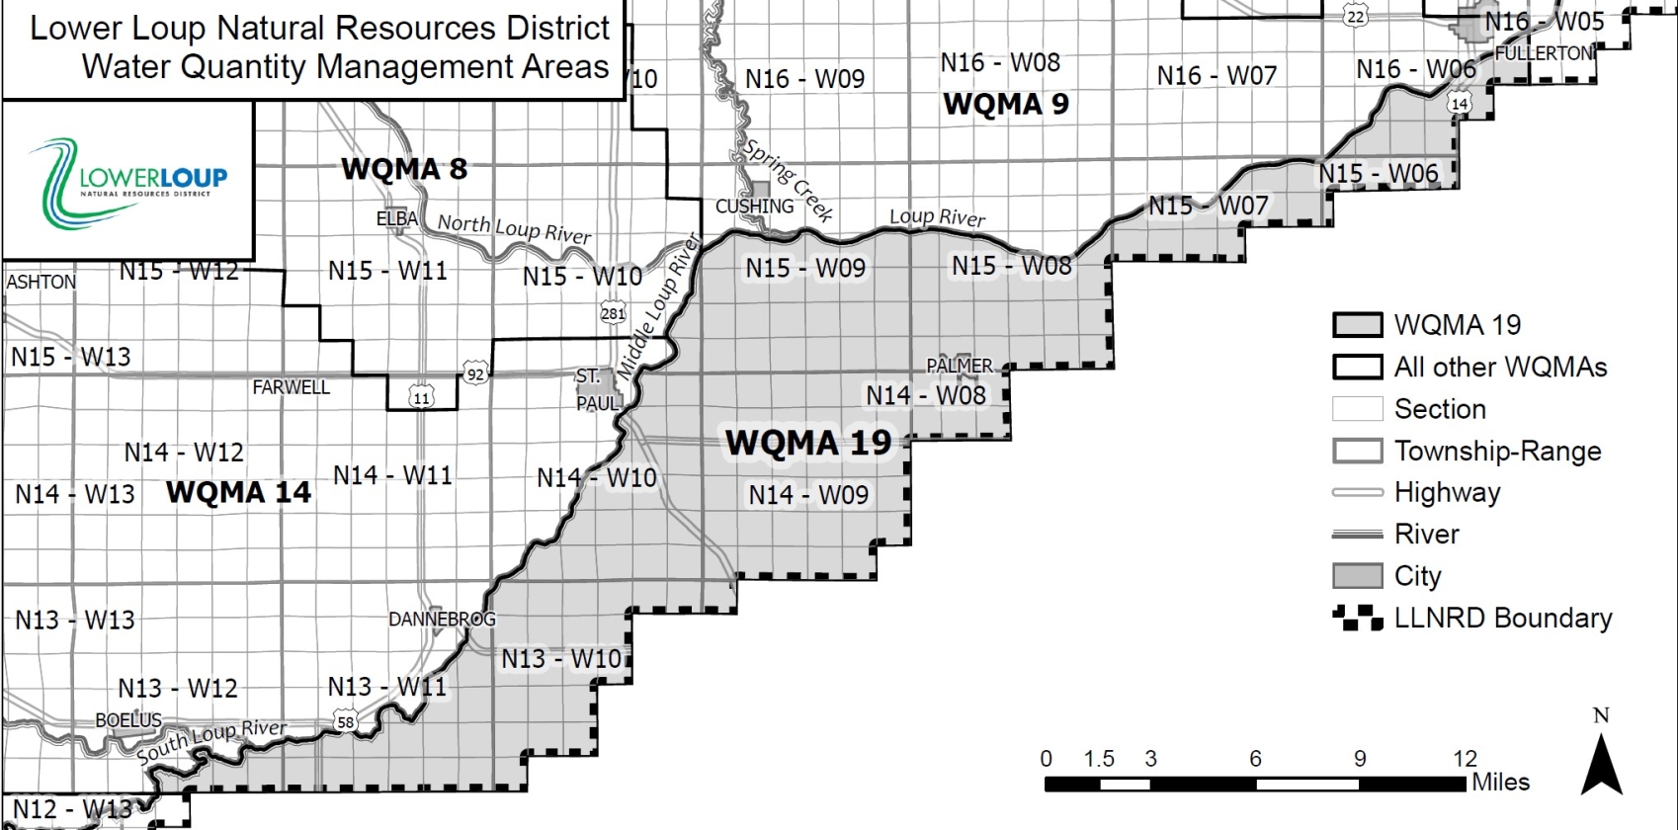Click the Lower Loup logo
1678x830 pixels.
[x=128, y=181]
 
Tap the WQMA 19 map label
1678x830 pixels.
[x=808, y=443]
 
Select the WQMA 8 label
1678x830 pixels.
[x=404, y=169]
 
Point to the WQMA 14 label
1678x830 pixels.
[x=238, y=492]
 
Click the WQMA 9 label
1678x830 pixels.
[x=1006, y=104]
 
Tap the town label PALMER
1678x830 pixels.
[x=959, y=366]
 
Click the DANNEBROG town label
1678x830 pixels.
[x=442, y=620]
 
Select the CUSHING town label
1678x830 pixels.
[x=754, y=207]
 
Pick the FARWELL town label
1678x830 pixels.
[x=291, y=387]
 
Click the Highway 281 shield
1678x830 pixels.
[x=613, y=314]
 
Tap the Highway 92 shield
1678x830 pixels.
[x=475, y=374]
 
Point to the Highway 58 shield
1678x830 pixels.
[x=345, y=722]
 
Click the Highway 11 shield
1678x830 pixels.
[x=422, y=398]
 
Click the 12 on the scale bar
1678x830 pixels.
[x=1465, y=759]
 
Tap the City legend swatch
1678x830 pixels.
[x=1357, y=576]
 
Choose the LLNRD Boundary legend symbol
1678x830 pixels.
[x=1357, y=619]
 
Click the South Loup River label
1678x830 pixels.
[x=211, y=741]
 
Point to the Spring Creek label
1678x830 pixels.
[x=789, y=180]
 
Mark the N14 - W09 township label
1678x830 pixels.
[x=808, y=494]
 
